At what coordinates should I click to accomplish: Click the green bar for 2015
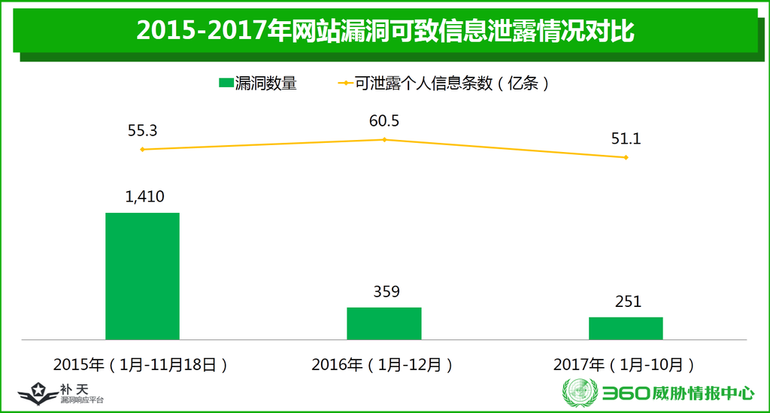click(142, 275)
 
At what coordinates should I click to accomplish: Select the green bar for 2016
click(383, 323)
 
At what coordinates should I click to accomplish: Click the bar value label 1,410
click(144, 197)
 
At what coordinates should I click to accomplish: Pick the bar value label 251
click(627, 302)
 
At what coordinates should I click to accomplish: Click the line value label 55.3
click(142, 130)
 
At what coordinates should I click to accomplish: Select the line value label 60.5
click(383, 121)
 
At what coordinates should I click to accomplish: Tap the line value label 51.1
click(626, 138)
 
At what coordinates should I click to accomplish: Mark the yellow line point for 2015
click(142, 150)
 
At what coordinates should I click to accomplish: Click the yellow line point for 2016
click(384, 140)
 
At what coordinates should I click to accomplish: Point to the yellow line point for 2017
click(626, 157)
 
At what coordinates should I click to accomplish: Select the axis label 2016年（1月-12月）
click(383, 365)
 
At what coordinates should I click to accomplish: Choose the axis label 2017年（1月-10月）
click(624, 365)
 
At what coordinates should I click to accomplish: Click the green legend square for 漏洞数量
click(225, 84)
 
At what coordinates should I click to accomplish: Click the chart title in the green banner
click(385, 31)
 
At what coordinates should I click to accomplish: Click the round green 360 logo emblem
click(578, 393)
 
